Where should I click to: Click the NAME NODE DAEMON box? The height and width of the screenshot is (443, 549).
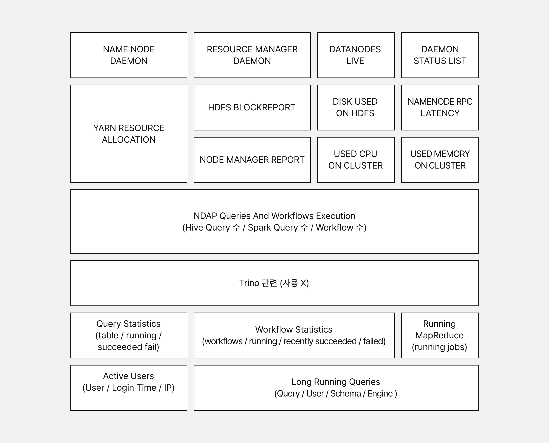click(x=129, y=55)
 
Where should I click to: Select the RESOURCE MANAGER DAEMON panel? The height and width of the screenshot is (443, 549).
click(x=252, y=55)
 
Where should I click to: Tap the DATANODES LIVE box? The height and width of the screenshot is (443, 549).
click(x=355, y=55)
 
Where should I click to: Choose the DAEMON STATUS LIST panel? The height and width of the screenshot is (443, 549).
click(x=439, y=55)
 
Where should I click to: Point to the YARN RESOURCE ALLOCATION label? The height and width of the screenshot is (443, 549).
click(x=129, y=134)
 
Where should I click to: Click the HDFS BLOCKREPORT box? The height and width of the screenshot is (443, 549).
click(x=252, y=107)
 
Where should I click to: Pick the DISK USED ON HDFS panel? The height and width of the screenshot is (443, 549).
click(x=355, y=107)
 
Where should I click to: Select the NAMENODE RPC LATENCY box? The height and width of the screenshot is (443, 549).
click(x=439, y=107)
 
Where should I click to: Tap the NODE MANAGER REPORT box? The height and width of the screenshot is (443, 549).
click(x=252, y=160)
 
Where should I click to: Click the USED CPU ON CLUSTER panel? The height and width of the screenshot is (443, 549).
click(x=355, y=160)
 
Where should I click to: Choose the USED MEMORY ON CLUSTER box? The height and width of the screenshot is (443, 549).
click(x=439, y=160)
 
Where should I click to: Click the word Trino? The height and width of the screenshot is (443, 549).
click(x=249, y=283)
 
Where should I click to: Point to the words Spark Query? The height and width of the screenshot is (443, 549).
click(x=273, y=227)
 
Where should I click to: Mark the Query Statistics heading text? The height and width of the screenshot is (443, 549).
click(x=128, y=324)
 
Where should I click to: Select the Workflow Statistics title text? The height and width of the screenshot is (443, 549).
click(x=294, y=329)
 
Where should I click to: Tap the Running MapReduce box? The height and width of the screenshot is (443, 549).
click(x=439, y=335)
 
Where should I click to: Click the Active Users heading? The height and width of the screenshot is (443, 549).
click(x=128, y=376)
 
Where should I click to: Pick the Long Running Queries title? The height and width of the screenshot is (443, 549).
click(x=336, y=382)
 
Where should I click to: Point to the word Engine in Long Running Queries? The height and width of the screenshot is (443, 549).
click(x=380, y=393)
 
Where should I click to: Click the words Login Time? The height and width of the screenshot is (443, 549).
click(x=134, y=388)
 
